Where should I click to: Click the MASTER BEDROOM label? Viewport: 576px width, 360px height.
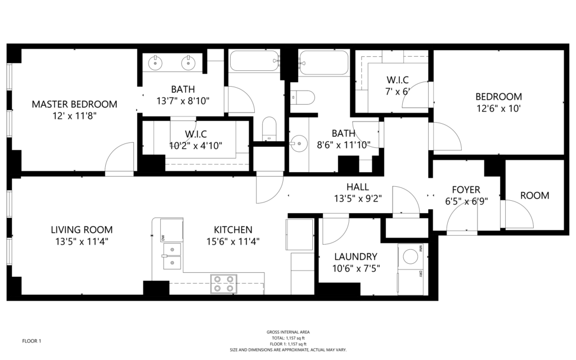coord(74,104)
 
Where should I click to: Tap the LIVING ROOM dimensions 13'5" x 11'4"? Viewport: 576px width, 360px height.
coord(82,242)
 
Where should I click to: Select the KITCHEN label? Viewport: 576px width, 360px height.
coord(233,230)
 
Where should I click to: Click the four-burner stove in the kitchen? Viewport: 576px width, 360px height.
coord(224,284)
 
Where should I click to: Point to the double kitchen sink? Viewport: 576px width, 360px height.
coord(172,256)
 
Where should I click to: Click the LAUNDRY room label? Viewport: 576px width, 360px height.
coord(355,256)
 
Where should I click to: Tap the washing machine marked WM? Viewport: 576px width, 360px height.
coord(410,255)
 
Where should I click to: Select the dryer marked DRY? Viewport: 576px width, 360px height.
coord(410,282)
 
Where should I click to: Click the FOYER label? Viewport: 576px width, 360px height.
coord(466,190)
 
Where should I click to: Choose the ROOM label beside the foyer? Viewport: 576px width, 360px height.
coord(534,195)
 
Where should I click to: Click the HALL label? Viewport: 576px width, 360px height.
coord(357,187)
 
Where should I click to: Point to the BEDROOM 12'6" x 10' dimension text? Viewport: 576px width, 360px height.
coord(499,109)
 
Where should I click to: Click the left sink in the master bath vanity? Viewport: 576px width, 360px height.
coord(156,63)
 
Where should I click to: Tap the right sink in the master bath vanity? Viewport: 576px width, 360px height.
coord(188,63)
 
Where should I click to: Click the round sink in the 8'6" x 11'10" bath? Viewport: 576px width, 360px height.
coord(299,142)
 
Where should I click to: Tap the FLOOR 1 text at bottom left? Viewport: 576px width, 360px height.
coord(31,341)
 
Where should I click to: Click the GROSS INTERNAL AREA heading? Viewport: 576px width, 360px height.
coord(288,332)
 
